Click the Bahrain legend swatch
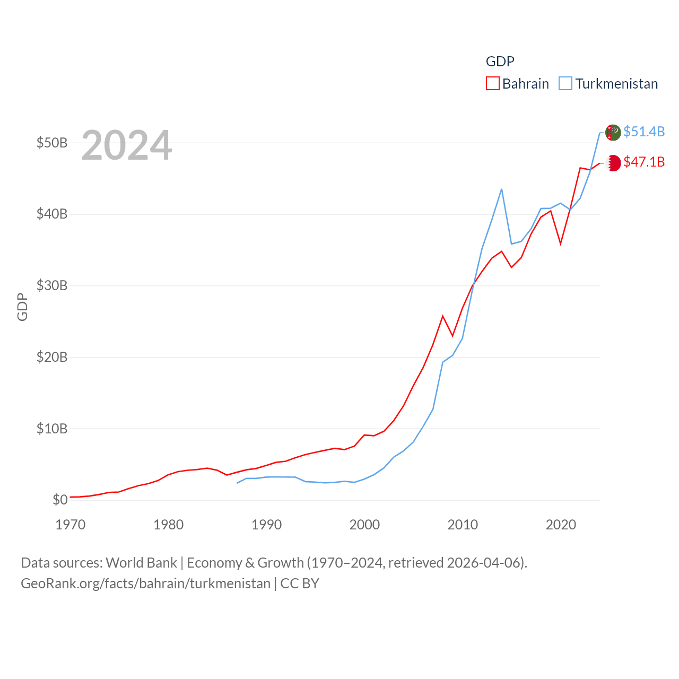point(492,84)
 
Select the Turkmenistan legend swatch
point(565,84)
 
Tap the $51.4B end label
point(644,132)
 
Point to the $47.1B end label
point(644,162)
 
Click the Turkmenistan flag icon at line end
point(613,132)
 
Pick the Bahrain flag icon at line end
point(613,163)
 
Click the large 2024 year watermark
point(126,145)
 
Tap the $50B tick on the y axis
point(51,143)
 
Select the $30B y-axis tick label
point(51,286)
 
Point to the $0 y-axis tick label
point(60,500)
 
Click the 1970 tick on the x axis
point(70,525)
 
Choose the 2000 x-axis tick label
point(364,525)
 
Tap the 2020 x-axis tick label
point(561,525)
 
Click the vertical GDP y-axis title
point(22,307)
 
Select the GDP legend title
point(500,62)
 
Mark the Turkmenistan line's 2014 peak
point(501,189)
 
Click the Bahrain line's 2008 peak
point(442,316)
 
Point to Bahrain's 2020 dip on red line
point(560,243)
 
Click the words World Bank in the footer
point(141,563)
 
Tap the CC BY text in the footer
point(300,584)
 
